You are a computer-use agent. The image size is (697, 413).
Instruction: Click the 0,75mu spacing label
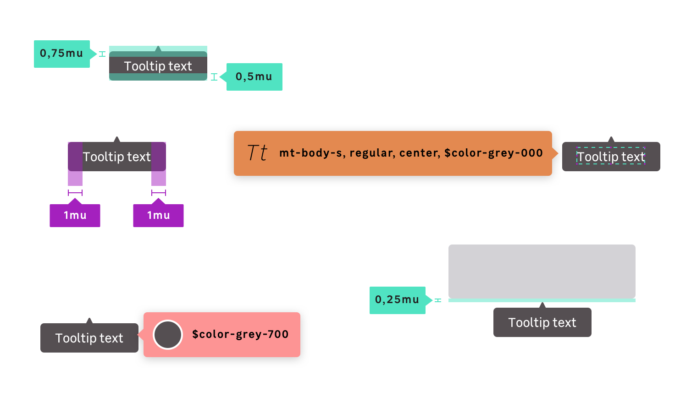[x=61, y=54]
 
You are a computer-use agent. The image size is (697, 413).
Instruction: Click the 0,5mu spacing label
[x=254, y=76]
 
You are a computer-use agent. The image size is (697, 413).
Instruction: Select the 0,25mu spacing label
[x=397, y=300]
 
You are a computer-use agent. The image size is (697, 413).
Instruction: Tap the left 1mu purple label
[x=75, y=215]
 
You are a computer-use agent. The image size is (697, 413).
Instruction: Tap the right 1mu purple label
[x=158, y=215]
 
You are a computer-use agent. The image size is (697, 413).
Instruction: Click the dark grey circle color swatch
[x=168, y=335]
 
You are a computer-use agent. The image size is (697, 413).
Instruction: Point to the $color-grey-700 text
[x=240, y=335]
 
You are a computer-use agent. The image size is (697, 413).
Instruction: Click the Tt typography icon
[x=257, y=153]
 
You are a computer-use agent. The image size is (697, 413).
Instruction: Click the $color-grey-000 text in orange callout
[x=493, y=153]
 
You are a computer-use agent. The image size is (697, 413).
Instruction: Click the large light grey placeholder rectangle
[x=542, y=271]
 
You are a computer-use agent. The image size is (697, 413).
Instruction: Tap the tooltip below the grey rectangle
[x=542, y=322]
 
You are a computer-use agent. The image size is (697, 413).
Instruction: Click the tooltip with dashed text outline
[x=611, y=157]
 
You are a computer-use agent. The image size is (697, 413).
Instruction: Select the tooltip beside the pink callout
[x=89, y=338]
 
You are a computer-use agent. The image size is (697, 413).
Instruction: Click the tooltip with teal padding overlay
[x=158, y=66]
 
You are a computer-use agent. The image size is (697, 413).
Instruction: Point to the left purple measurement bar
[x=75, y=193]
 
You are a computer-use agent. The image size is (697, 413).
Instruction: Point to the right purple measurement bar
[x=159, y=193]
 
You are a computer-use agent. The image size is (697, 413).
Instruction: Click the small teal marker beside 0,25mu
[x=438, y=300]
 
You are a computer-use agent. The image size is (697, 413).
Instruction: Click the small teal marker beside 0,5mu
[x=214, y=77]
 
